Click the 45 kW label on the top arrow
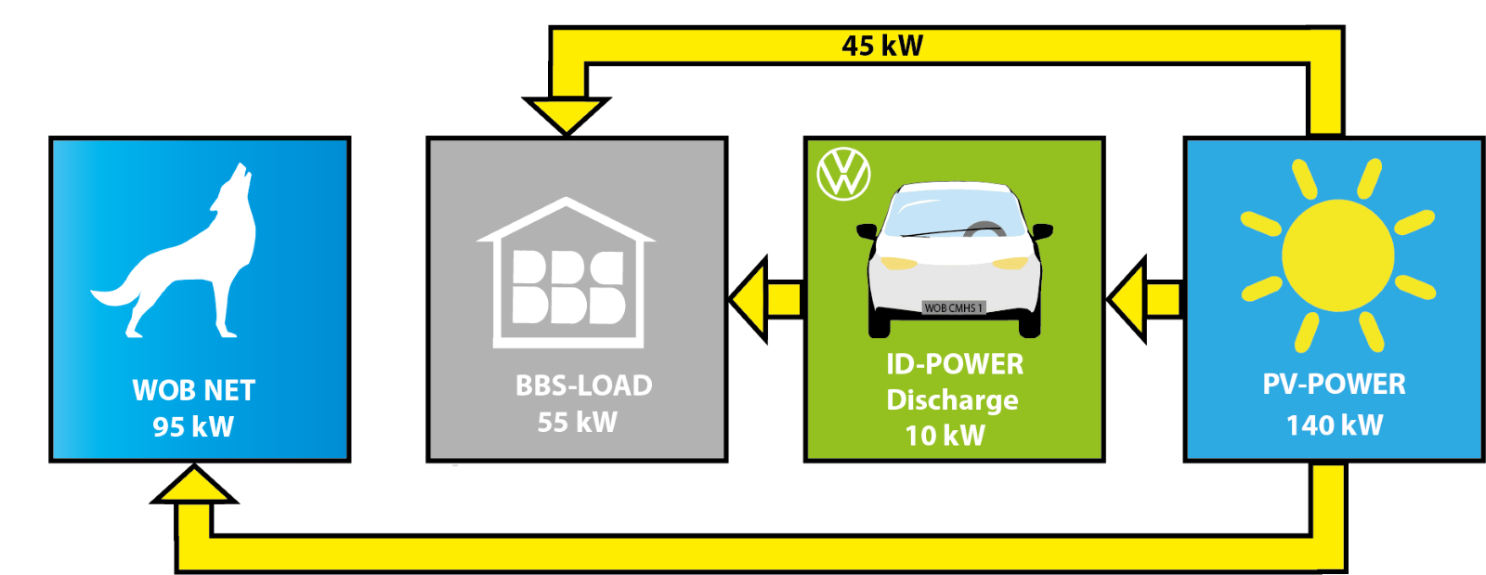pos(881,46)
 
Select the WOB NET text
pos(193,390)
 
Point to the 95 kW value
pos(193,426)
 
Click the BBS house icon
pos(566,274)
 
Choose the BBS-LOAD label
pos(583,386)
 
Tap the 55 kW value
pos(577,423)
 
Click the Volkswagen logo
pos(843,173)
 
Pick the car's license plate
pos(953,307)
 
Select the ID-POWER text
pos(954,364)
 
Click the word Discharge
pos(952,399)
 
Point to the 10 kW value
pos(945,435)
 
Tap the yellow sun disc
pos(1337,255)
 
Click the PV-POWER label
pos(1334,384)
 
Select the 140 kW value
pos(1334,425)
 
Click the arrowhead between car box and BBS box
pos(751,299)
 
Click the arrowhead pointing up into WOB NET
pos(194,485)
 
